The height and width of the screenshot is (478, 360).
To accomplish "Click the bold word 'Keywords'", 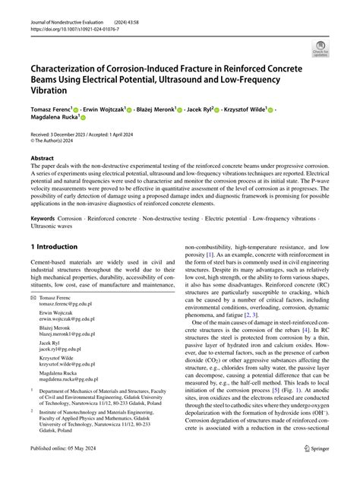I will [x=45, y=217].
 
